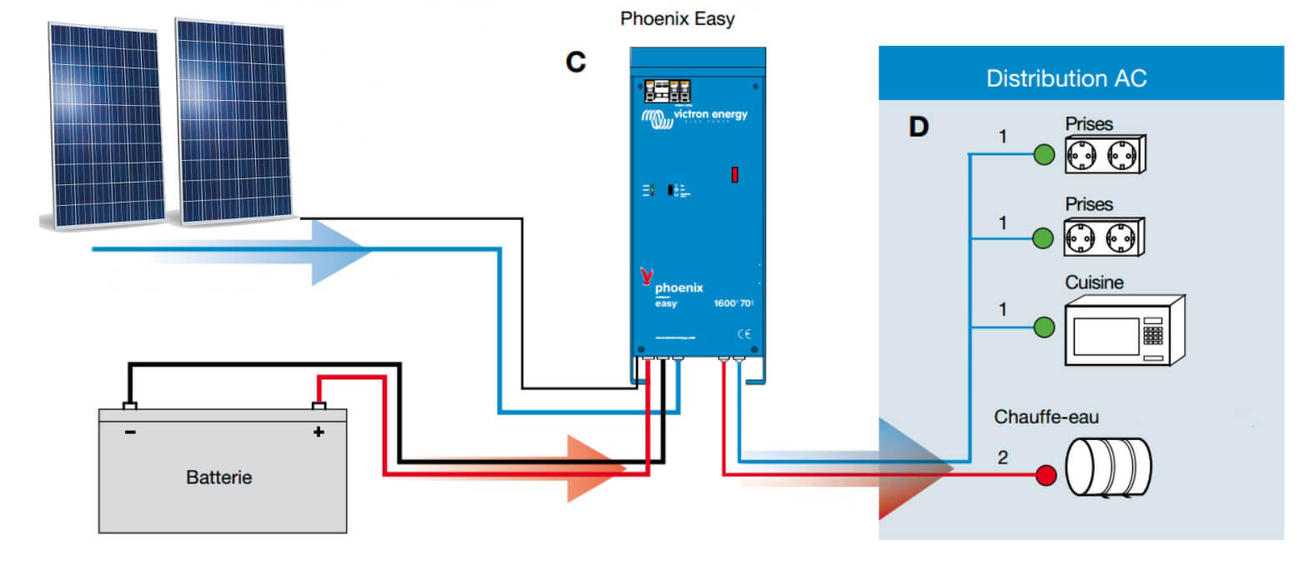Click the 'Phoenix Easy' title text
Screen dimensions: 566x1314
click(x=677, y=18)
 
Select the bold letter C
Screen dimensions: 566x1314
click(x=575, y=62)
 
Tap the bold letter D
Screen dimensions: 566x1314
click(x=918, y=127)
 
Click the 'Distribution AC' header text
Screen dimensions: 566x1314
click(x=1066, y=78)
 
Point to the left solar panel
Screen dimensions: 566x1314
click(x=103, y=125)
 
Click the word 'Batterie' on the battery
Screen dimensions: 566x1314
click(x=218, y=478)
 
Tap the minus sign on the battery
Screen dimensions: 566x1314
click(x=130, y=432)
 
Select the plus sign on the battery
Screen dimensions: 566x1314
click(x=318, y=432)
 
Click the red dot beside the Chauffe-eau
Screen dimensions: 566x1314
click(x=1046, y=476)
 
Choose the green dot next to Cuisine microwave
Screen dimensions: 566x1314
click(x=1044, y=328)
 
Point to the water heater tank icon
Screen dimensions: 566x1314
click(x=1108, y=468)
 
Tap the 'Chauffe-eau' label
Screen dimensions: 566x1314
click(x=1046, y=417)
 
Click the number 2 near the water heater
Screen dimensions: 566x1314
click(x=1002, y=457)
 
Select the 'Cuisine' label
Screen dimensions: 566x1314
click(x=1094, y=283)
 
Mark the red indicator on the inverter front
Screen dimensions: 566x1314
click(x=735, y=174)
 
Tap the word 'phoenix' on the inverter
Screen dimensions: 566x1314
click(x=679, y=288)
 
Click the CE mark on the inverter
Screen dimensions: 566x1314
click(x=744, y=333)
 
